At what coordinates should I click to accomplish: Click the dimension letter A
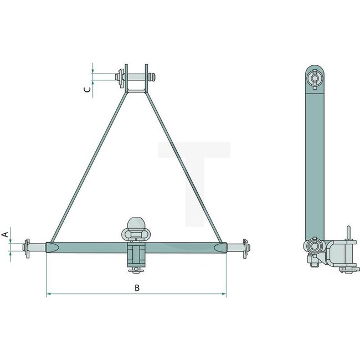(x=6, y=235)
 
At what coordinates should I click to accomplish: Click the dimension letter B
(x=136, y=287)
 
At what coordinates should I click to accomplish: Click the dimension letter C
(x=87, y=89)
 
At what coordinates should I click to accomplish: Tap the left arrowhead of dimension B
(x=48, y=295)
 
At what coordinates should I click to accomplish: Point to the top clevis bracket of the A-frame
(x=136, y=78)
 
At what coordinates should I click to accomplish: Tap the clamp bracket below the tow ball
(x=136, y=256)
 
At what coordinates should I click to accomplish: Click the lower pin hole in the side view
(x=315, y=247)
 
